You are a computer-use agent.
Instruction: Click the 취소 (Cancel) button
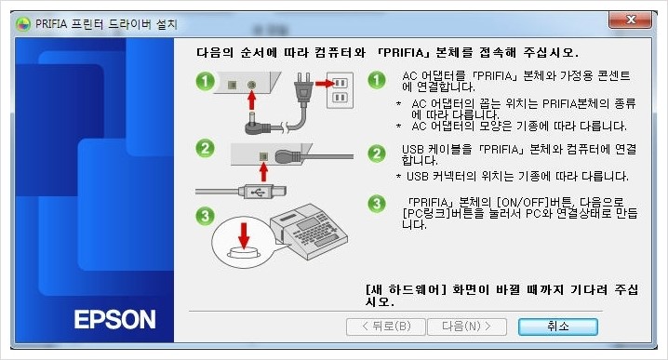pyautogui.click(x=557, y=327)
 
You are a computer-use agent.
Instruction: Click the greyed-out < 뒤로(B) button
pyautogui.click(x=379, y=327)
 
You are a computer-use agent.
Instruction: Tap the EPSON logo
pyautogui.click(x=115, y=320)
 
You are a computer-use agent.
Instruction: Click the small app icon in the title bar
pyautogui.click(x=22, y=23)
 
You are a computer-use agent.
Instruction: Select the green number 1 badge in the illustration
pyautogui.click(x=210, y=82)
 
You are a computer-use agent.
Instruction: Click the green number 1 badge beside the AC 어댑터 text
pyautogui.click(x=376, y=81)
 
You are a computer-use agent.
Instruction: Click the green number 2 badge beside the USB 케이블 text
pyautogui.click(x=376, y=153)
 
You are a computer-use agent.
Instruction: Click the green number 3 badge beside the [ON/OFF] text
pyautogui.click(x=376, y=204)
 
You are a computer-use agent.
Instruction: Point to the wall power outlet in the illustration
pyautogui.click(x=341, y=88)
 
